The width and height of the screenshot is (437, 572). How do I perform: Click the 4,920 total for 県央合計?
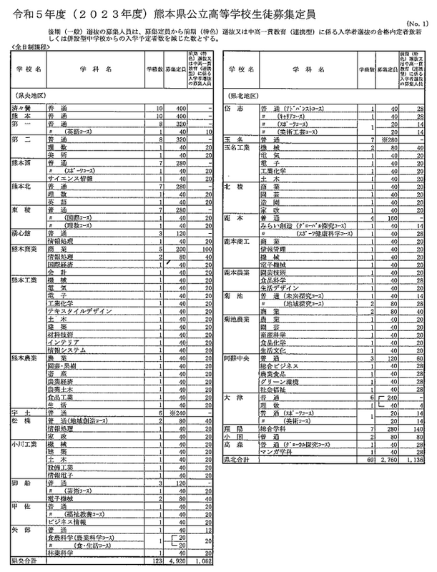175,563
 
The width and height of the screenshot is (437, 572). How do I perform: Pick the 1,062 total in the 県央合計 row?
202,563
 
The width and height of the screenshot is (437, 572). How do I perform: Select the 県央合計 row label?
23,563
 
